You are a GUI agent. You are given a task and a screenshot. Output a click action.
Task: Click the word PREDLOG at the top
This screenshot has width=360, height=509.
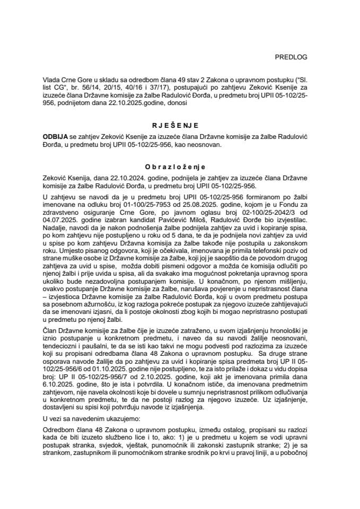293,56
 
